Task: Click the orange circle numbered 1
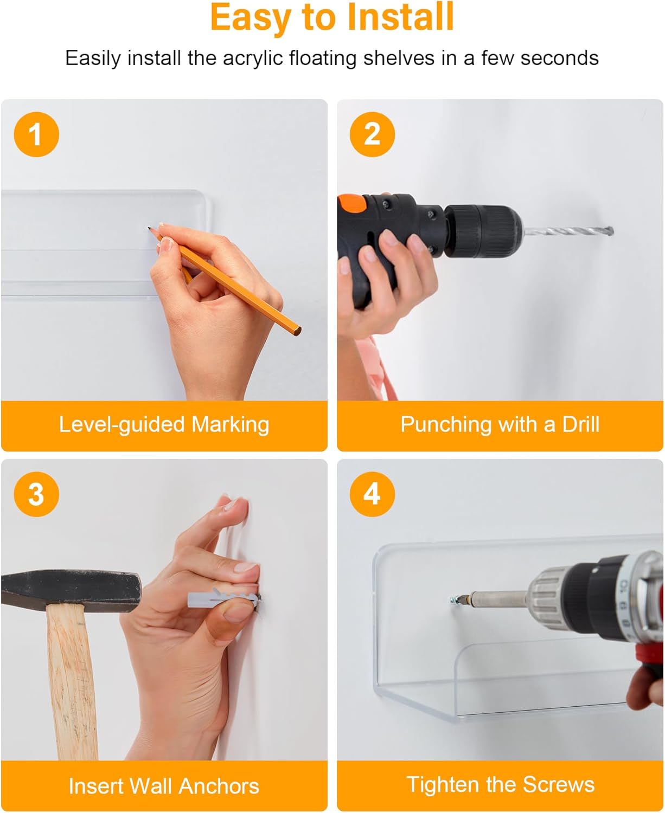pos(36,134)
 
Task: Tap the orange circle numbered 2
pos(372,134)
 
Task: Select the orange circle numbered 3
pos(36,494)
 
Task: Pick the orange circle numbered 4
pos(372,494)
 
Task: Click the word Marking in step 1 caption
pos(231,425)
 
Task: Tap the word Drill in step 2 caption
pos(581,424)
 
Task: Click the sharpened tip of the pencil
pos(149,228)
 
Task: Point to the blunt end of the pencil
pos(297,331)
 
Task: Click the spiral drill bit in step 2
pos(568,231)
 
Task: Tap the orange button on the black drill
pos(352,203)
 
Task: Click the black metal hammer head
pos(71,590)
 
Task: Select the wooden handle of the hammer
pos(72,680)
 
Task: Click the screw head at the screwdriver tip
pos(454,599)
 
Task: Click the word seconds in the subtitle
pos(559,58)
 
